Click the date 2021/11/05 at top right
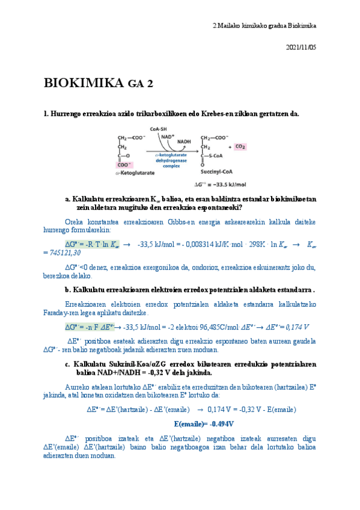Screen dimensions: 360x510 point(301,46)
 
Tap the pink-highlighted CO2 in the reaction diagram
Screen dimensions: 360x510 point(240,147)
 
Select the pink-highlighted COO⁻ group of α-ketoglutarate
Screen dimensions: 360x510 point(125,164)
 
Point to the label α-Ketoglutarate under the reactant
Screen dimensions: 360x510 point(135,173)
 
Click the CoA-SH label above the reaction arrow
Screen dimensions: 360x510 point(158,129)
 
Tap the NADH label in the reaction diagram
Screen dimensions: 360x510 point(184,142)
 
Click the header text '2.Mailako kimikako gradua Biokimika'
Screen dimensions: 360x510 point(264,26)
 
